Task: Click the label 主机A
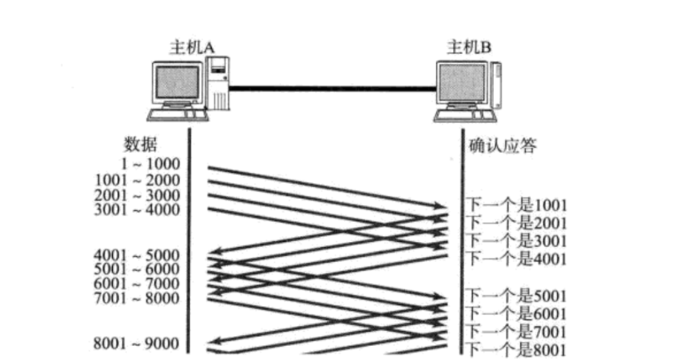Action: (x=192, y=48)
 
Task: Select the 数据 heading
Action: (x=140, y=143)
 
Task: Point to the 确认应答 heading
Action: (x=503, y=145)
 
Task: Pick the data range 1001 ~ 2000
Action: (x=137, y=180)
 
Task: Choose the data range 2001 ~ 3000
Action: (x=137, y=194)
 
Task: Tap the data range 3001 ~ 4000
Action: (x=137, y=209)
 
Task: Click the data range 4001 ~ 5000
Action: (x=137, y=255)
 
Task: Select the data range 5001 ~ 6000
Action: (x=137, y=269)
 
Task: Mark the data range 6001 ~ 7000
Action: (x=137, y=284)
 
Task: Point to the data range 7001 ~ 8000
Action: (x=137, y=298)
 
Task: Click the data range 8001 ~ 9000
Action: (x=137, y=343)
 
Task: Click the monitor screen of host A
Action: (x=176, y=82)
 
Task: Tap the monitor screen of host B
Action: (x=461, y=83)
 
